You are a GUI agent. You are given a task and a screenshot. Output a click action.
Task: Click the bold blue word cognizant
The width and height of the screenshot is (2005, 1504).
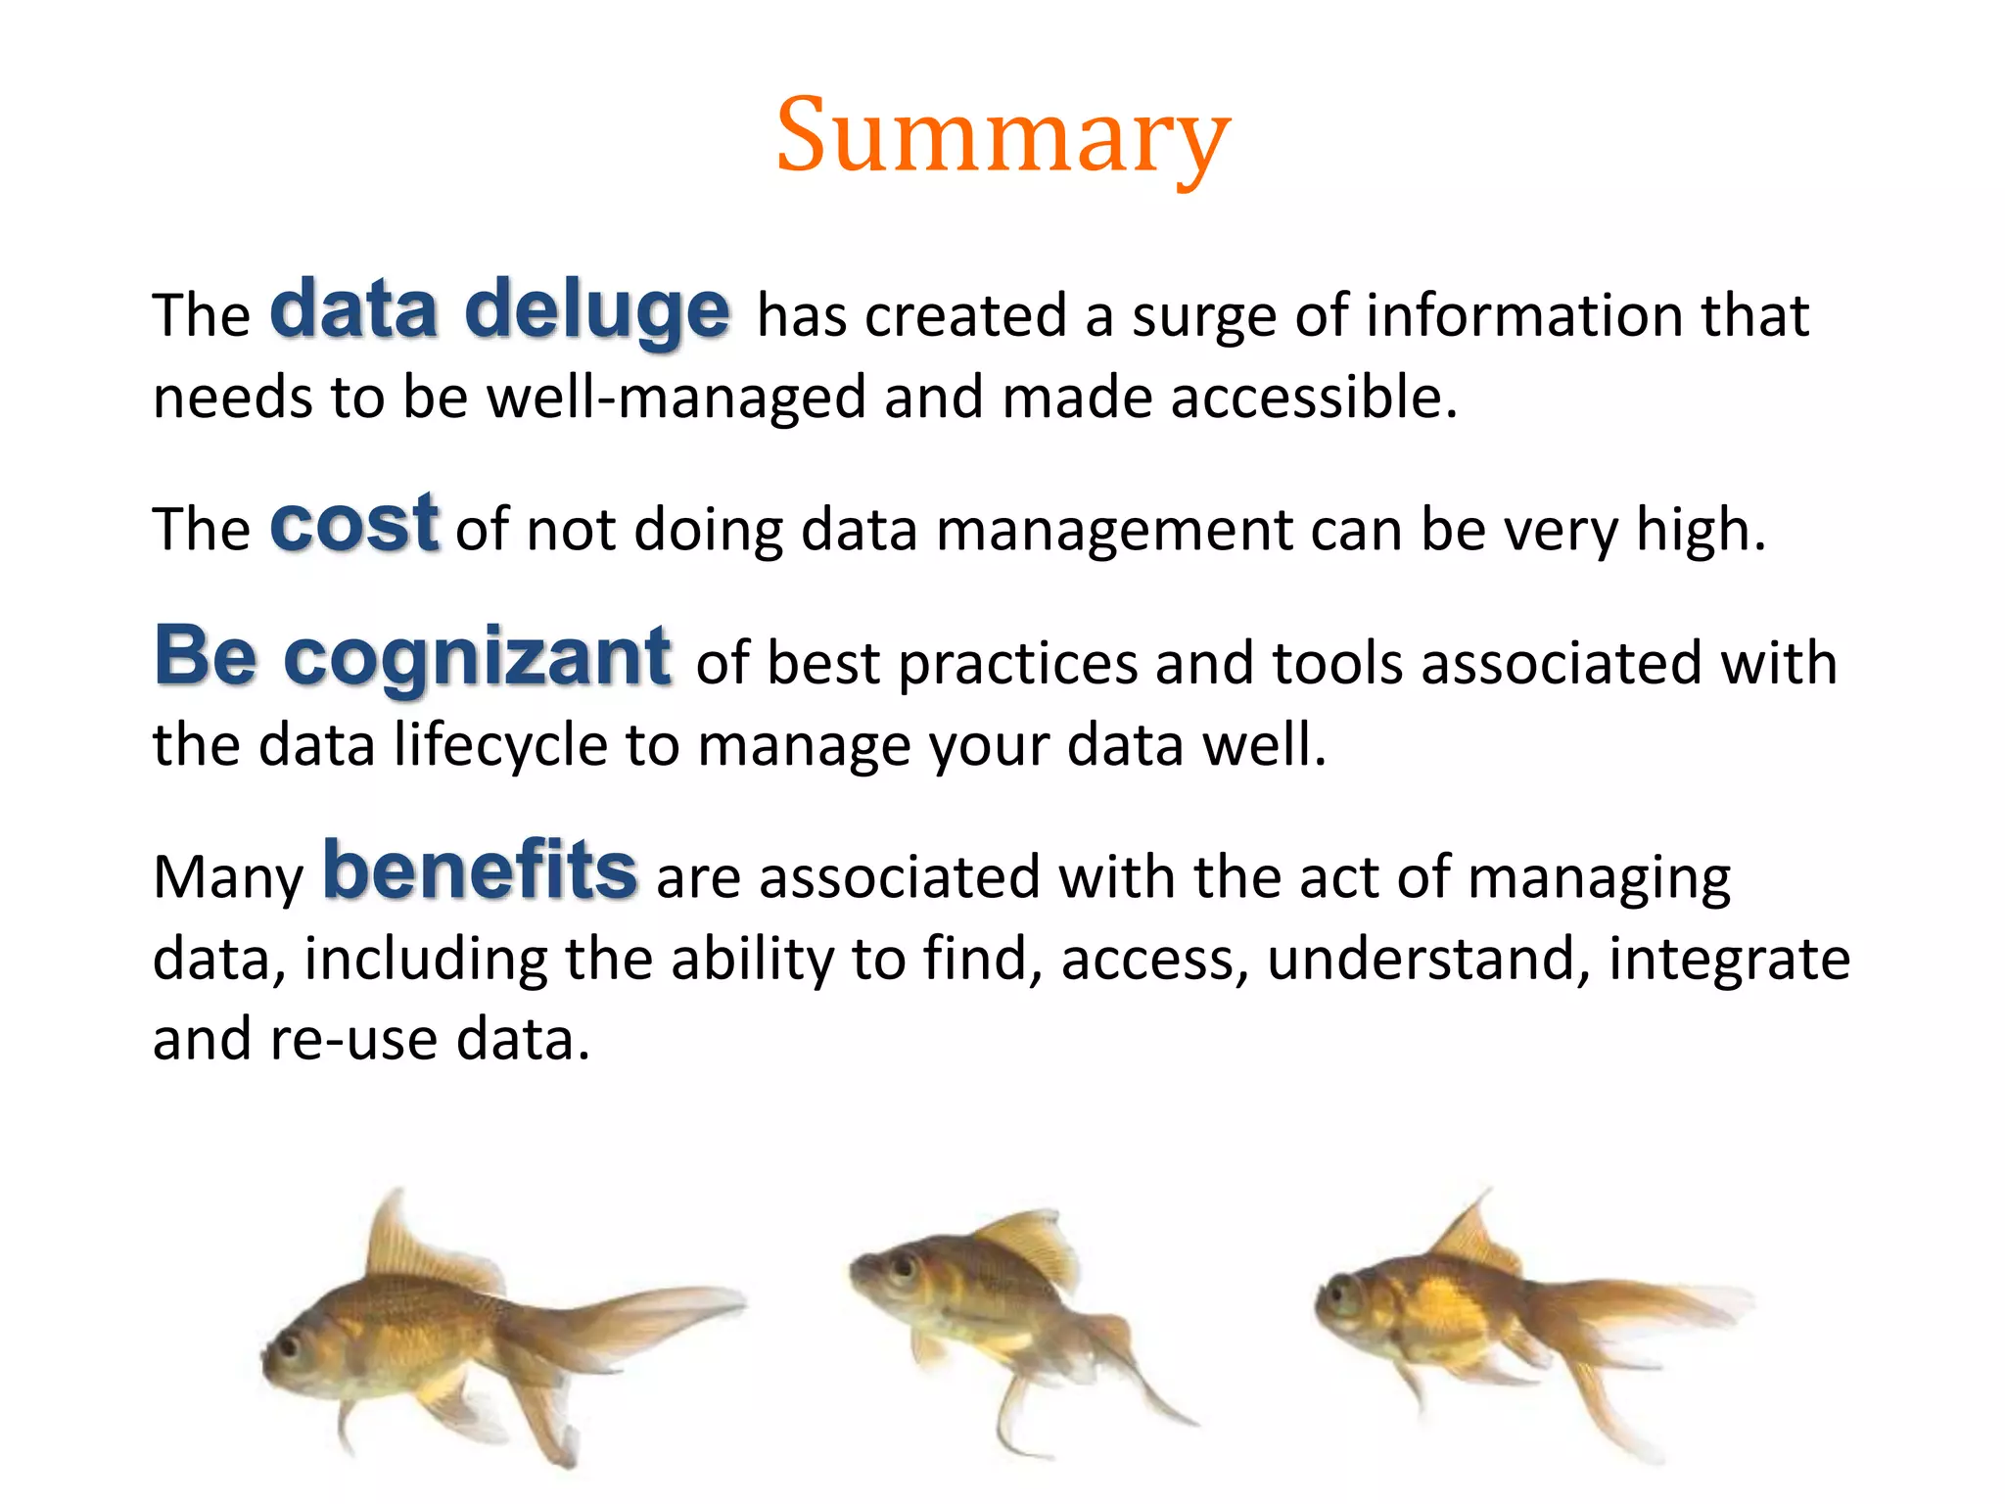(477, 658)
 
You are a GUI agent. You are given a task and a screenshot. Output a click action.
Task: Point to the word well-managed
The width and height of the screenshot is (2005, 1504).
(676, 398)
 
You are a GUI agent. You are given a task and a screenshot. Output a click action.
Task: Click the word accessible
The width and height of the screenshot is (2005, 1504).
(1313, 398)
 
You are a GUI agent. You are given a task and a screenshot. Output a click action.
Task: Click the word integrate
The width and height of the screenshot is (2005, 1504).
(1729, 960)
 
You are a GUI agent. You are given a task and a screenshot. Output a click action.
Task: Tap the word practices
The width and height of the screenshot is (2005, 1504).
(1017, 664)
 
